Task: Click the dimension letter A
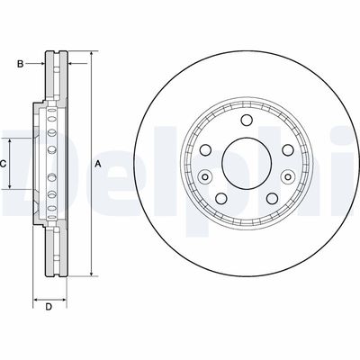97,164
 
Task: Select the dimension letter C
4,164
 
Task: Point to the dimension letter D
49,308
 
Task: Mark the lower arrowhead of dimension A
90,274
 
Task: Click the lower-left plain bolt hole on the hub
220,196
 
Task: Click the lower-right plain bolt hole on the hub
266,196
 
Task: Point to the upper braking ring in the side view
55,81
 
